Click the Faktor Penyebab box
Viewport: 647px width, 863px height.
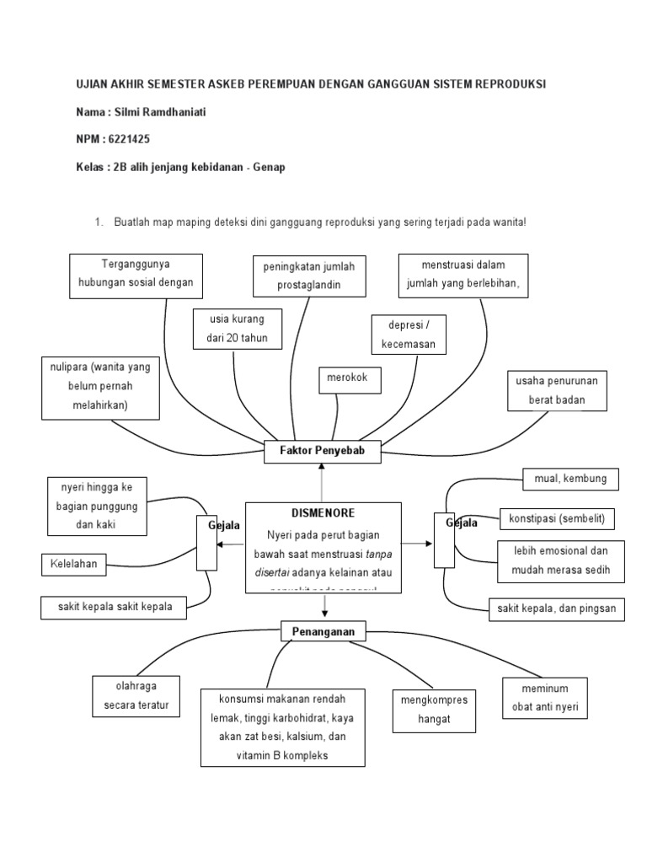point(323,452)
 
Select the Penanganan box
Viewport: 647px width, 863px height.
point(323,631)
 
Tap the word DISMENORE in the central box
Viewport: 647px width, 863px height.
point(322,512)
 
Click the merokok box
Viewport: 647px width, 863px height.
point(348,380)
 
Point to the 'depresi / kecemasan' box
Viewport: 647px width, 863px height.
point(409,335)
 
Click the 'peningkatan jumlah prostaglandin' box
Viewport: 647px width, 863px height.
point(309,276)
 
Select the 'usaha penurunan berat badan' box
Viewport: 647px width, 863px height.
point(556,390)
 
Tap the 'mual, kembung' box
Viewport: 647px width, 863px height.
point(570,480)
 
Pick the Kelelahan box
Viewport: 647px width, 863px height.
point(73,565)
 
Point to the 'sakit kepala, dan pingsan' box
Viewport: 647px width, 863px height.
point(557,608)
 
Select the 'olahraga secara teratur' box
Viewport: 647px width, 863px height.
point(136,695)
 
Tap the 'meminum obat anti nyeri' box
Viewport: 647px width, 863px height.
point(544,698)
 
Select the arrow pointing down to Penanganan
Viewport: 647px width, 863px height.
point(323,606)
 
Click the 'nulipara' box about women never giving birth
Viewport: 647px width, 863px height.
point(101,388)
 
